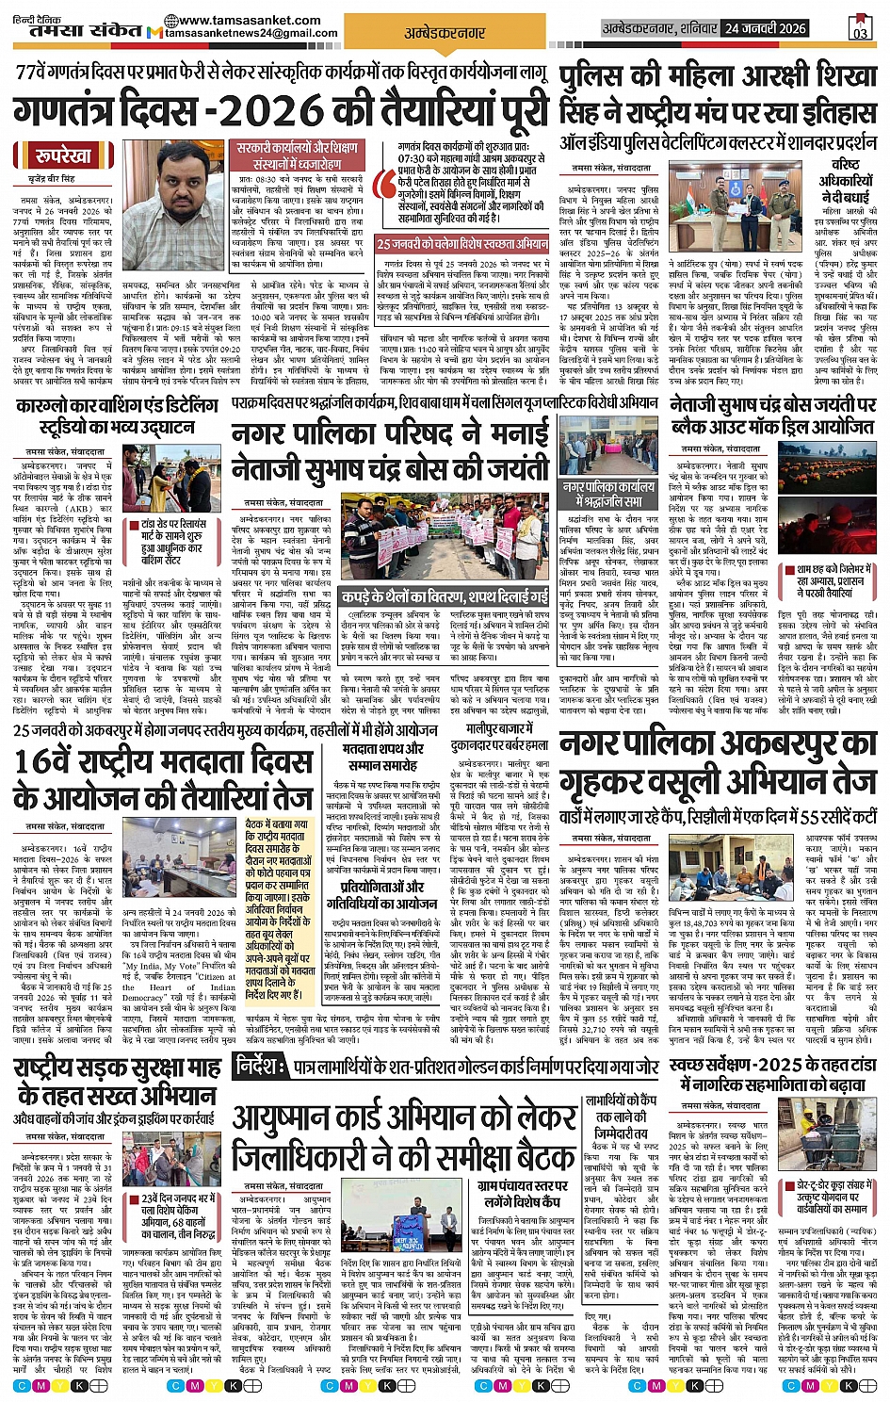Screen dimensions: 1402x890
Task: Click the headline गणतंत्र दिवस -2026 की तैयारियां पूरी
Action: tap(281, 111)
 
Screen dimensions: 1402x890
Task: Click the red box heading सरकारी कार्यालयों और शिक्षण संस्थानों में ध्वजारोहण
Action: tap(298, 155)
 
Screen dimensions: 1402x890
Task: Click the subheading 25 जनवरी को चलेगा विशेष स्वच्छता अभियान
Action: tap(462, 243)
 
